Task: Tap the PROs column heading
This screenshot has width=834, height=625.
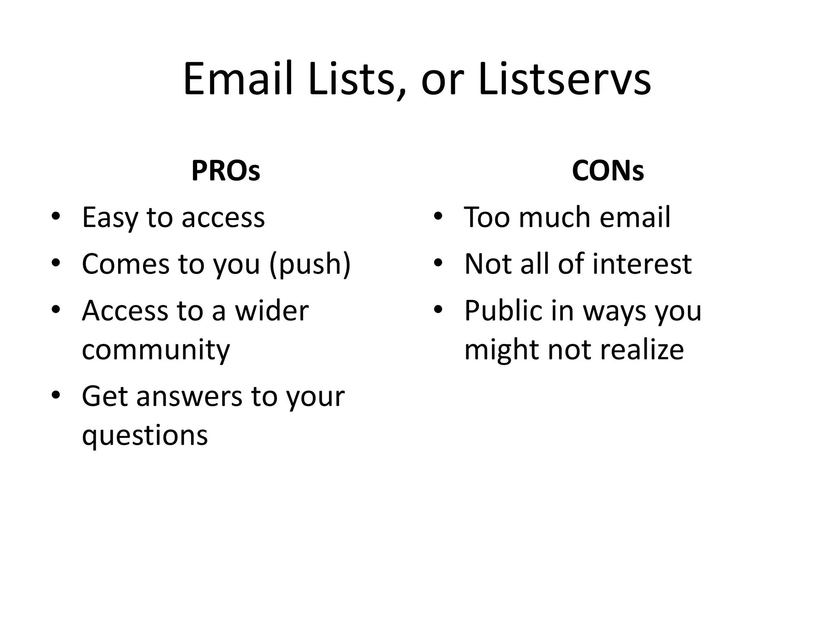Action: (x=226, y=171)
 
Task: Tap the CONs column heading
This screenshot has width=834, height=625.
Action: (x=608, y=171)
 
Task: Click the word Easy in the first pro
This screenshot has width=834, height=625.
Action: (x=110, y=218)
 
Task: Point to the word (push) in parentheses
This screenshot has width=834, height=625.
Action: (x=309, y=264)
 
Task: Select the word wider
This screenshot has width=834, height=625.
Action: (x=272, y=311)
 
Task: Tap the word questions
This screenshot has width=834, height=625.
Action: (x=145, y=435)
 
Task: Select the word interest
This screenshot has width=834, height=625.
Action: (x=642, y=264)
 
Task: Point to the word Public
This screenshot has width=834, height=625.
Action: (x=503, y=311)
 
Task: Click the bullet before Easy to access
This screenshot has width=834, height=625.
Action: (x=56, y=216)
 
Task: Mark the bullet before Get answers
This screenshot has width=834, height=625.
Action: (x=56, y=395)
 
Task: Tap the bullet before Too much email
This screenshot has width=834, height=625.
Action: (x=438, y=216)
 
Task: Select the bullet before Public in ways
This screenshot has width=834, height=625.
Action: (x=438, y=310)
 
